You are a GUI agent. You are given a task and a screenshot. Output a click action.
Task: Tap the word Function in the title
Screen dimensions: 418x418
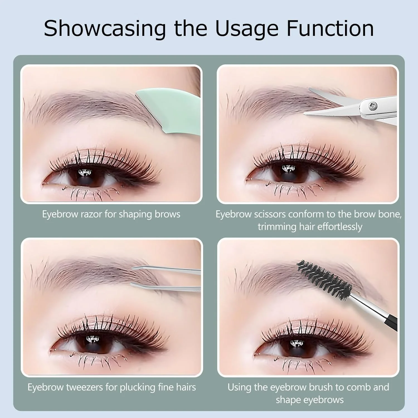point(330,28)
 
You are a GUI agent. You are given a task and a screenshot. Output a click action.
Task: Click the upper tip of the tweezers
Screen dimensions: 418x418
point(133,268)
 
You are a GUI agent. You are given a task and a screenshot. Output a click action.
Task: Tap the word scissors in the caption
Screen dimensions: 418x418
point(270,214)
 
